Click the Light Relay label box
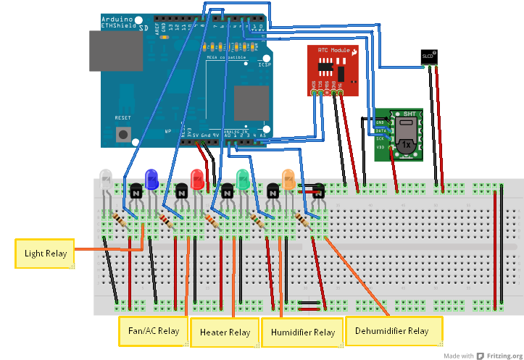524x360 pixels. click(x=45, y=254)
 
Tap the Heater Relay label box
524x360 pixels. click(x=225, y=332)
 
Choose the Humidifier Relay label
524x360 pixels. click(x=302, y=332)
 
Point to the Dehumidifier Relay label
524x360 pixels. click(x=392, y=331)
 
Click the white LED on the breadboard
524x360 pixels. click(x=106, y=179)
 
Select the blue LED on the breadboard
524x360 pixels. click(x=151, y=179)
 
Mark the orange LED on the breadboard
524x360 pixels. click(x=288, y=179)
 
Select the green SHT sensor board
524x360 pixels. click(x=399, y=135)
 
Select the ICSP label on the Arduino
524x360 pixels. click(x=265, y=64)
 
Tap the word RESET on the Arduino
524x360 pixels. click(x=123, y=118)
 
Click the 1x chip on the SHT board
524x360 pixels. click(x=406, y=146)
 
